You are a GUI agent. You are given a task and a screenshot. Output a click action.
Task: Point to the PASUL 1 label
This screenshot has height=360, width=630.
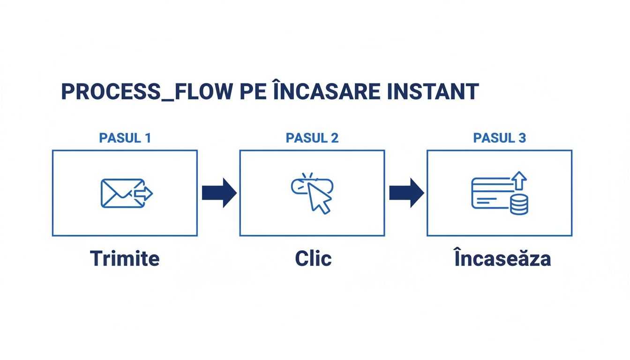click(125, 138)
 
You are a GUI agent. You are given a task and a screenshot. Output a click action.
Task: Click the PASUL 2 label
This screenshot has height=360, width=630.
click(312, 138)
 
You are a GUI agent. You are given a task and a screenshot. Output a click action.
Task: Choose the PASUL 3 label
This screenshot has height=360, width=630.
click(499, 138)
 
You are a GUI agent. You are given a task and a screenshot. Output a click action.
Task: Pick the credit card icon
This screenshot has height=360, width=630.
click(490, 193)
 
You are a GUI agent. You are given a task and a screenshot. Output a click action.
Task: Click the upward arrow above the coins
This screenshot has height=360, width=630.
click(518, 180)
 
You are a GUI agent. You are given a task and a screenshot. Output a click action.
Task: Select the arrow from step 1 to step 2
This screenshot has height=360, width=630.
click(218, 193)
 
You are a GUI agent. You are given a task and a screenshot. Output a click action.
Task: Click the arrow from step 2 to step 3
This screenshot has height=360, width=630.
click(406, 193)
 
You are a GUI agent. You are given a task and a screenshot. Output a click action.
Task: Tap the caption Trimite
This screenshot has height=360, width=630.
click(125, 259)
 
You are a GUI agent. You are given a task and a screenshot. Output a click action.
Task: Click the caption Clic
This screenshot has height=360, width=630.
click(313, 259)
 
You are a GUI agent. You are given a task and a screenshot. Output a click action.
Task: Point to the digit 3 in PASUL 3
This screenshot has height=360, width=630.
click(522, 138)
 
